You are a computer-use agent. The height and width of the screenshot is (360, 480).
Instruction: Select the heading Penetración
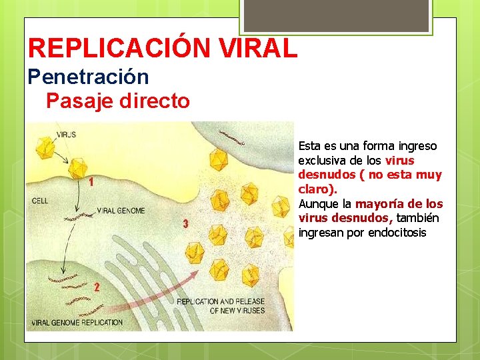click(x=88, y=77)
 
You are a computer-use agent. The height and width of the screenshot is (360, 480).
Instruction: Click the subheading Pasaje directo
click(x=118, y=101)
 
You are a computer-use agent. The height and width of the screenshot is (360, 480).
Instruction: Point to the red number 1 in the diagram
click(x=90, y=183)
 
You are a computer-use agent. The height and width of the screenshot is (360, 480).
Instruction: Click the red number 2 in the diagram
click(x=97, y=287)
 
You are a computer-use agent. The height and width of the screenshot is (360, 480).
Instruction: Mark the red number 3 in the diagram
click(x=186, y=223)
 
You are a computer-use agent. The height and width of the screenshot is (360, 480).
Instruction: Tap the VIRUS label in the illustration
click(x=66, y=134)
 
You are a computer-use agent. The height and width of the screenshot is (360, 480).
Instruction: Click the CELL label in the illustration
click(x=40, y=200)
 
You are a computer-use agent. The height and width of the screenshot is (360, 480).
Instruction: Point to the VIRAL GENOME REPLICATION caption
click(x=75, y=323)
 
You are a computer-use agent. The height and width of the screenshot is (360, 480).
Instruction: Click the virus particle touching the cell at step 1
click(x=79, y=167)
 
